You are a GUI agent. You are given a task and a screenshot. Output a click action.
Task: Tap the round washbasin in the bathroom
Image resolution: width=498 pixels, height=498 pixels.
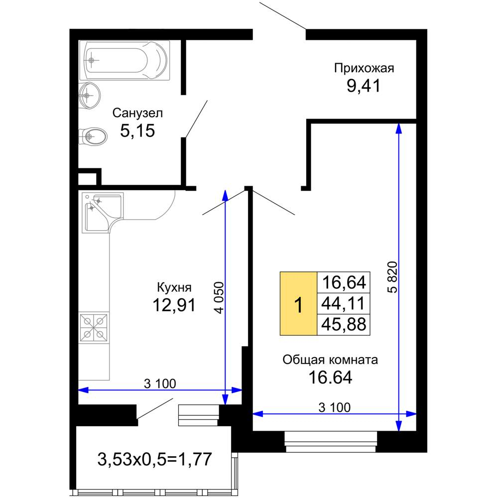[x=89, y=95]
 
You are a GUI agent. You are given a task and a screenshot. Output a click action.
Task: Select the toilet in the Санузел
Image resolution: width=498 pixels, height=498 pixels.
[x=93, y=136]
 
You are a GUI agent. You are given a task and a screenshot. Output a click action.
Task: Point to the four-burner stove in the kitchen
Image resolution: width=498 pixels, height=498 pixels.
[x=94, y=327]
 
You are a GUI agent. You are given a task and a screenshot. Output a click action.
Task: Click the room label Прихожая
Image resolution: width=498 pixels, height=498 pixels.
[x=364, y=68]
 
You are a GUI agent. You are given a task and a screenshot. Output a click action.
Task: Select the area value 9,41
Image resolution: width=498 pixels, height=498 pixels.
[x=364, y=86]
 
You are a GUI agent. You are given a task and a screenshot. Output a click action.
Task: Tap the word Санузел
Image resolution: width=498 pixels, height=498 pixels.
[x=137, y=113]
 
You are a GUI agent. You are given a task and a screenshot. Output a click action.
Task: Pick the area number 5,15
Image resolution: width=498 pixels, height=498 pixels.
[x=137, y=130]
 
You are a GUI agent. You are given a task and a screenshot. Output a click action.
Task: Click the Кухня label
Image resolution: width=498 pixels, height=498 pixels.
[x=174, y=287]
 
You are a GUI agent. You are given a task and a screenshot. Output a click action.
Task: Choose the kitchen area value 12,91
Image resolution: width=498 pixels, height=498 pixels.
[x=174, y=305]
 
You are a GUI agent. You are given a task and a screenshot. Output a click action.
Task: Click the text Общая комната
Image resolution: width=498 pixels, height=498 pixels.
[x=330, y=360]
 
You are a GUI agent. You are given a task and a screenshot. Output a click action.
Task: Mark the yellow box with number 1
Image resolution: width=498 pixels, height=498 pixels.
[x=298, y=304]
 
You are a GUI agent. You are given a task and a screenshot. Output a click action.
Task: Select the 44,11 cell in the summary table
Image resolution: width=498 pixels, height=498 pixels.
[x=343, y=304]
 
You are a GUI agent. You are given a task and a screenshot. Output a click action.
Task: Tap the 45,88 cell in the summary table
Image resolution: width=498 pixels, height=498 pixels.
[x=343, y=325]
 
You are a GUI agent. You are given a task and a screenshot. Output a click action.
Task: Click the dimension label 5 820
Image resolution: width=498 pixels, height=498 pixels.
[x=393, y=277]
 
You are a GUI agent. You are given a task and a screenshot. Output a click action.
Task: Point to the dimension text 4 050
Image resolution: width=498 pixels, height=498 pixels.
[x=219, y=298]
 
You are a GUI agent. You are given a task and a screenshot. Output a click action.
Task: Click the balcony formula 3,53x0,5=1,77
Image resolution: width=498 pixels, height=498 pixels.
[x=154, y=459]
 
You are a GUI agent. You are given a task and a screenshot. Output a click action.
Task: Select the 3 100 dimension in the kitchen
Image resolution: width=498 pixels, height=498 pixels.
[x=160, y=383]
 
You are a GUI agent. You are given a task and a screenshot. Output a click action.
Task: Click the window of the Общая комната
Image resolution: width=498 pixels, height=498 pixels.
[x=331, y=441]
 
